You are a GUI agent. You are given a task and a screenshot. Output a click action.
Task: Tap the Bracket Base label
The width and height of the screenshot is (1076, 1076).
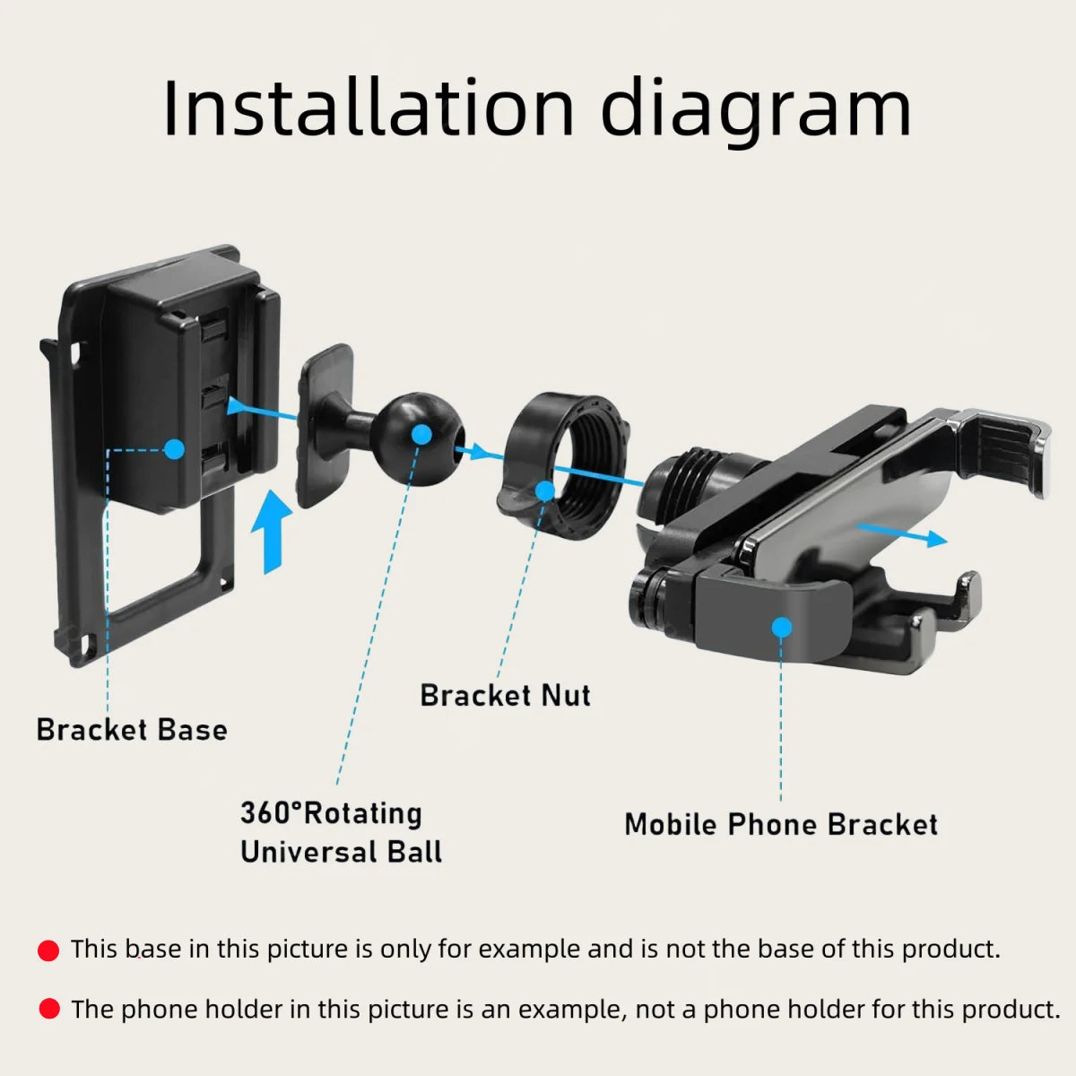(x=132, y=730)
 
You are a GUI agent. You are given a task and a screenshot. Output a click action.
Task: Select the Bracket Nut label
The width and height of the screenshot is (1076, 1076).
(x=506, y=695)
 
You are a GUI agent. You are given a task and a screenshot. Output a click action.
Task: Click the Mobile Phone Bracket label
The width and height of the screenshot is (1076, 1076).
(x=781, y=824)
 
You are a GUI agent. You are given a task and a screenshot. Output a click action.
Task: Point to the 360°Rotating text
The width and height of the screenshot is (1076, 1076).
(x=331, y=813)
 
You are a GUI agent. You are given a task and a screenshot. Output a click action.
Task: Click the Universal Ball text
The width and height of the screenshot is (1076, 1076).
(x=341, y=852)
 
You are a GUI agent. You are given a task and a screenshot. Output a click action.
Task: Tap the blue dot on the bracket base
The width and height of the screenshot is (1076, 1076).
(x=174, y=448)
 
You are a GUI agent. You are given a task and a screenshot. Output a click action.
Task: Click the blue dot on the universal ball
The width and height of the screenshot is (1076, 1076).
(x=422, y=434)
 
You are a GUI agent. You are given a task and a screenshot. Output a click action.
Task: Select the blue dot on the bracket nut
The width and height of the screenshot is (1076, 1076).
(x=544, y=490)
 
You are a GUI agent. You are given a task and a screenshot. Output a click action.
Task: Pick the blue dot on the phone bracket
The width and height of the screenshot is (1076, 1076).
(x=782, y=627)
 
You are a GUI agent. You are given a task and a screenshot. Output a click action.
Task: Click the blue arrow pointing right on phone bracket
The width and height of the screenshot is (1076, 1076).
(x=901, y=534)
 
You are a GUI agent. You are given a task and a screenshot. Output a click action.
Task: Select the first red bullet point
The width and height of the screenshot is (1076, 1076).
(x=48, y=950)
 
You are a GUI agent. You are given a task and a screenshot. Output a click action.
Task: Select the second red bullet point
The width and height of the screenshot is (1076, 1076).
(x=48, y=1010)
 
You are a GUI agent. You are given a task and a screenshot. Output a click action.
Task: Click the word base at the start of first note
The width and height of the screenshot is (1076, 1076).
(x=153, y=949)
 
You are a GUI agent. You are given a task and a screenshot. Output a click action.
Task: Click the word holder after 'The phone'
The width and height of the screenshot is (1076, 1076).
(x=243, y=1010)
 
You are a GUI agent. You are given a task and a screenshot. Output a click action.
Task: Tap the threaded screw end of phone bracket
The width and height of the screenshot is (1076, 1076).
(x=686, y=485)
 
